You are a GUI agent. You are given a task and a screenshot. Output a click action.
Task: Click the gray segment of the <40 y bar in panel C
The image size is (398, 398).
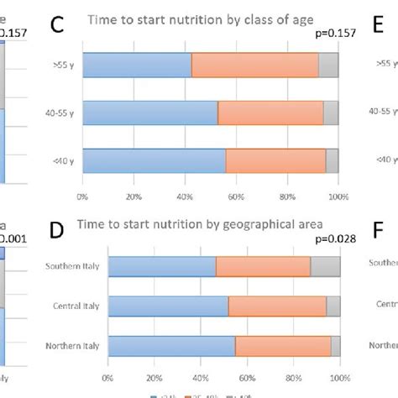coord(332,160)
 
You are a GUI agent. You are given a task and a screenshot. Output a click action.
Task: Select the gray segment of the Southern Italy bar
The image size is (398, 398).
coord(325,266)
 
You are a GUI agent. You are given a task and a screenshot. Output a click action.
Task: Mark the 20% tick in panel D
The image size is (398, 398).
coord(154,378)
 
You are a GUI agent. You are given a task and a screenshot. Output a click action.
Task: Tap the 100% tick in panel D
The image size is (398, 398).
coord(339,378)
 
